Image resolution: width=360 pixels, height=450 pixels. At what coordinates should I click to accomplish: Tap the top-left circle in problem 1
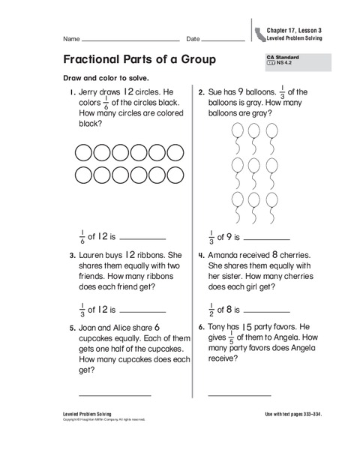pyautogui.click(x=83, y=154)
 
